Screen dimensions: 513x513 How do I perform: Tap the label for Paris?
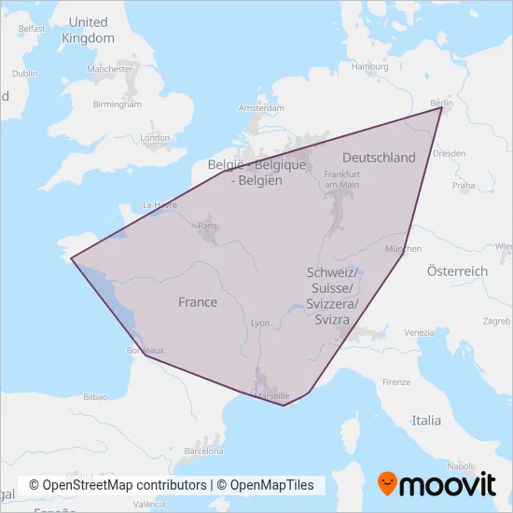(x=208, y=226)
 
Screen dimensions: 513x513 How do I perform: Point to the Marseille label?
(x=272, y=395)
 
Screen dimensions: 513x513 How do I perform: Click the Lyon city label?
(x=260, y=323)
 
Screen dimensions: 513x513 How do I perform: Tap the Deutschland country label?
(x=379, y=158)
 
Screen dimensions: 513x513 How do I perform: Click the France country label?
(x=198, y=302)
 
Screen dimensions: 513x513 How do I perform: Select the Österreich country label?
(x=457, y=270)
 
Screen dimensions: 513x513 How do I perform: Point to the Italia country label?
(x=427, y=421)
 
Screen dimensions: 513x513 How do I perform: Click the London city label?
(x=155, y=138)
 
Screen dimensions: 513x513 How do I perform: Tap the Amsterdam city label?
(x=261, y=107)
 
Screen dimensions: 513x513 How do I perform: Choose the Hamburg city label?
(x=369, y=67)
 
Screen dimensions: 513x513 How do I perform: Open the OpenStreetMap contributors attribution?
(x=118, y=485)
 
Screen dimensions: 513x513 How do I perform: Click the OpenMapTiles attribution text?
(x=266, y=485)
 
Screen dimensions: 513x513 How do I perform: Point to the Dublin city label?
(x=25, y=73)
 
